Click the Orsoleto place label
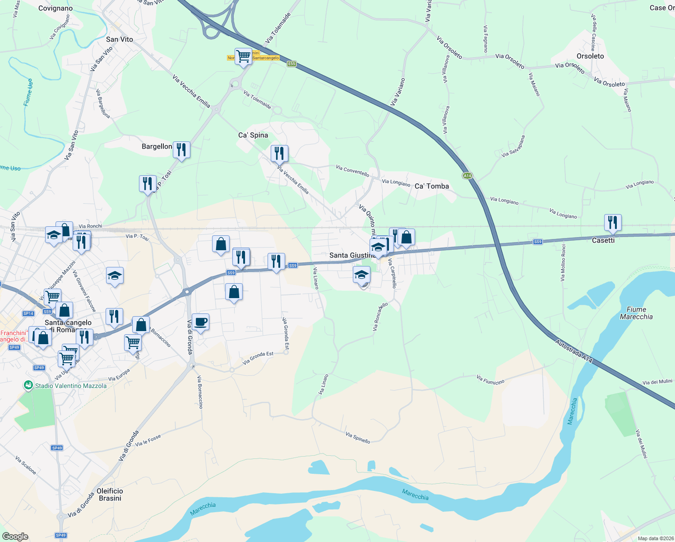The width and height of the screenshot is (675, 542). click(590, 56)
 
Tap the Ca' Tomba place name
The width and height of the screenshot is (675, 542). click(432, 186)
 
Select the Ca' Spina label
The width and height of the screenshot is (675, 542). click(253, 135)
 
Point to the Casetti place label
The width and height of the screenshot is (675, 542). click(603, 240)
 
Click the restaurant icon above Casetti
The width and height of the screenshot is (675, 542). click(612, 222)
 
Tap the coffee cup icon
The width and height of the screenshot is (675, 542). click(200, 322)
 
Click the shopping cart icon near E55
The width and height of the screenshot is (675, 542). click(243, 56)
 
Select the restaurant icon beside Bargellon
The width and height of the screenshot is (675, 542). click(181, 150)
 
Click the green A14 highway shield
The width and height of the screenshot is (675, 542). click(467, 176)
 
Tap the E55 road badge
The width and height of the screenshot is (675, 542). click(291, 64)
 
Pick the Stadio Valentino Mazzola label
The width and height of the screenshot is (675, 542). click(71, 386)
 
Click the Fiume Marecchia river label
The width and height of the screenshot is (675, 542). click(636, 313)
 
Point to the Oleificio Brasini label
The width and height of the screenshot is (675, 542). click(110, 495)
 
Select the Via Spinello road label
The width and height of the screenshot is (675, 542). click(358, 438)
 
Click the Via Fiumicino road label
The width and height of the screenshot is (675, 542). click(490, 380)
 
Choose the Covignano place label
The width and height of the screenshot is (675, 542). click(55, 8)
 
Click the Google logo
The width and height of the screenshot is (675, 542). click(15, 537)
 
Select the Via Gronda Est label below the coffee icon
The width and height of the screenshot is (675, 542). click(258, 358)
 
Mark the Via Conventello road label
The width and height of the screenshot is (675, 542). click(352, 171)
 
